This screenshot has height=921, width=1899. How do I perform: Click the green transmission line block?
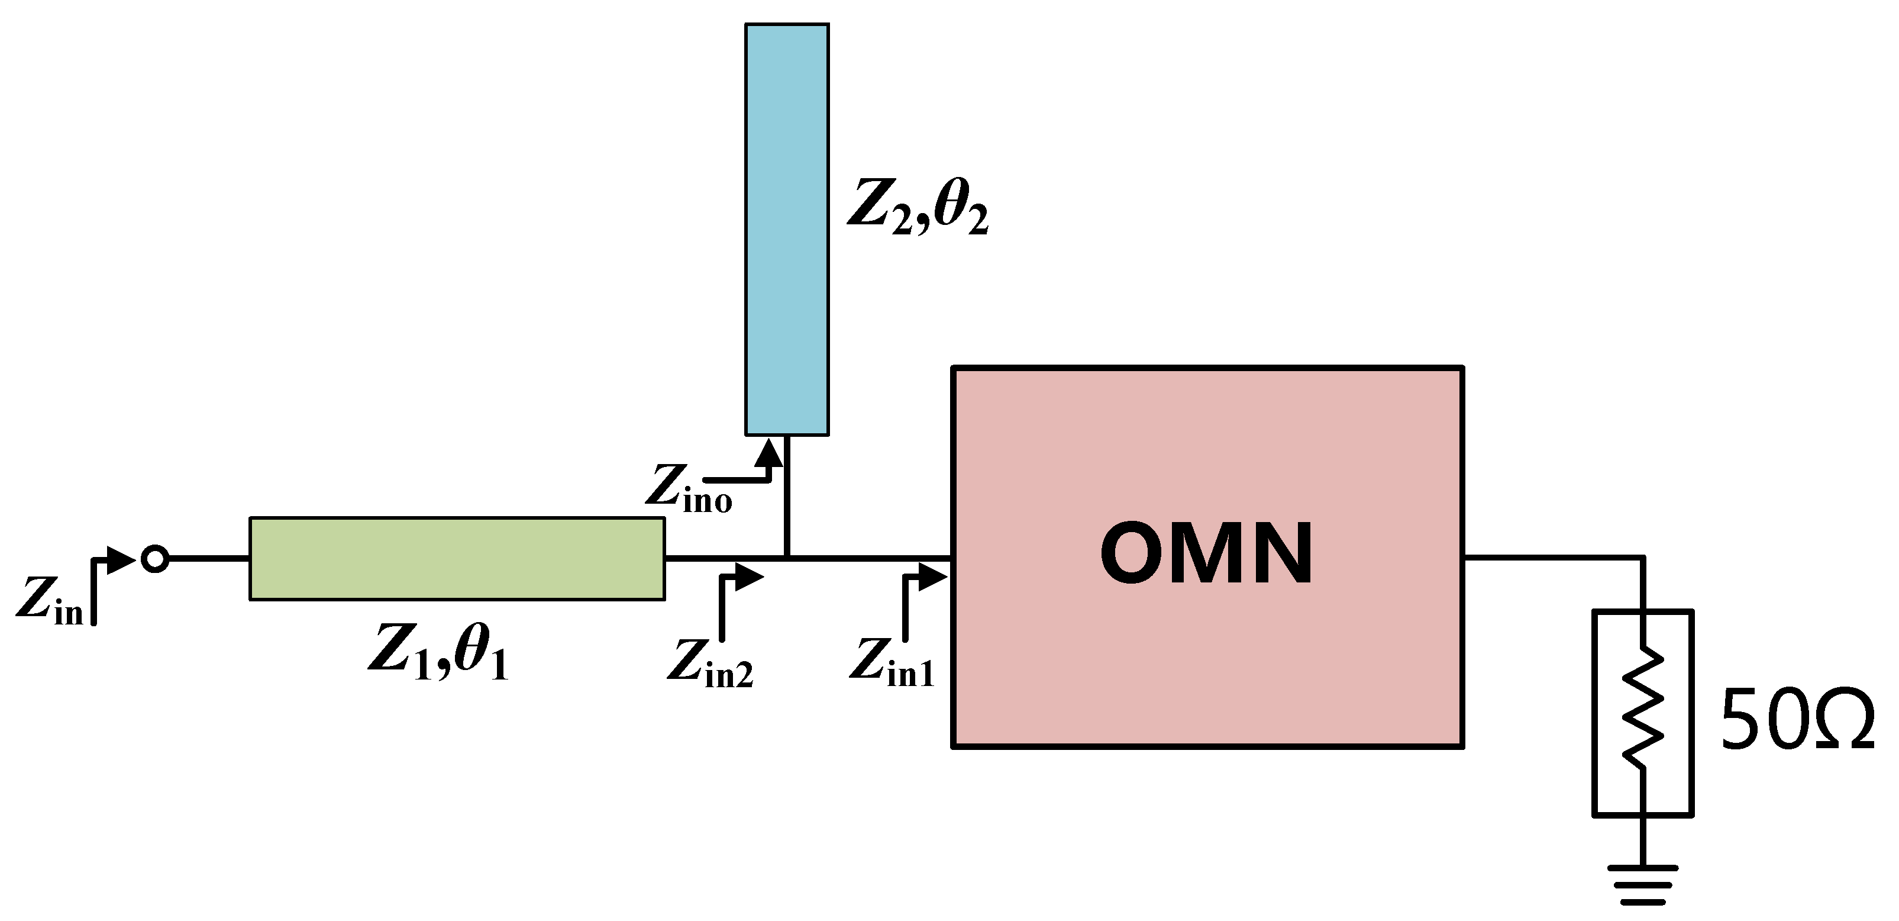(x=457, y=558)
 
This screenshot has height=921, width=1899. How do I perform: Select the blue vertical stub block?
(x=787, y=228)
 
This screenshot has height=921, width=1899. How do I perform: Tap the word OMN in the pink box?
(x=1206, y=555)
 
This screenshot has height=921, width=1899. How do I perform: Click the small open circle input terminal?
(x=155, y=559)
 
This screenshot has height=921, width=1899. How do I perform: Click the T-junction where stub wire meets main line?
(x=787, y=558)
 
